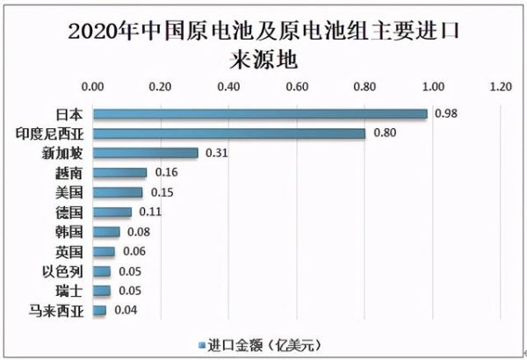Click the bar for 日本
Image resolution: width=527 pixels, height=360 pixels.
[x=260, y=114]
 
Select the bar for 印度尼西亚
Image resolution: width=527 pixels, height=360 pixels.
[x=229, y=133]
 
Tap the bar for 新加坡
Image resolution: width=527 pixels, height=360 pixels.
[x=146, y=153]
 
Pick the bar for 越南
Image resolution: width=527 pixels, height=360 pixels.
[x=120, y=173]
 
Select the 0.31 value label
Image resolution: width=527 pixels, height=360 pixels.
[x=217, y=153]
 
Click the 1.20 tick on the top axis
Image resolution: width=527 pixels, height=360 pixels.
[x=501, y=88]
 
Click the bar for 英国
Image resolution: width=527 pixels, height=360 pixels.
[x=104, y=251]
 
